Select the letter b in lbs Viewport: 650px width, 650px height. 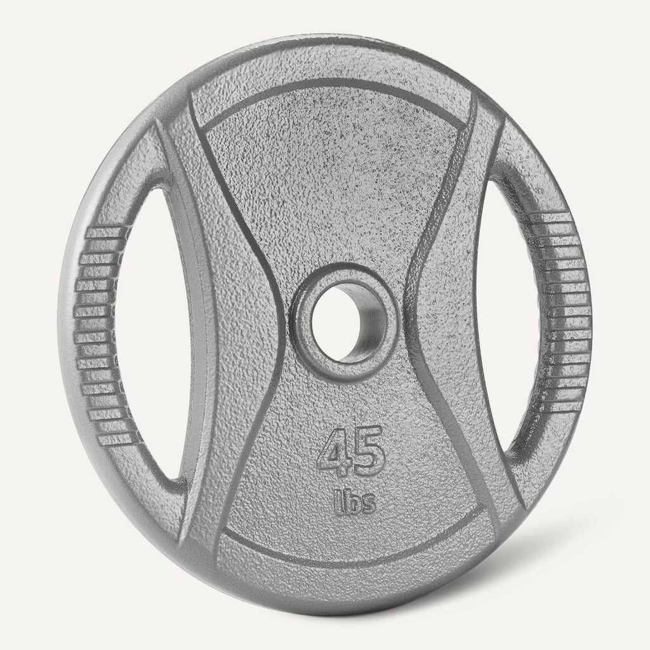[x=352, y=503]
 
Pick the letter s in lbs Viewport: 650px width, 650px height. [x=368, y=505]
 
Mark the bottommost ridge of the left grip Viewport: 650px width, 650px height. [x=114, y=438]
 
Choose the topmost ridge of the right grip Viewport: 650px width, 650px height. [x=559, y=219]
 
